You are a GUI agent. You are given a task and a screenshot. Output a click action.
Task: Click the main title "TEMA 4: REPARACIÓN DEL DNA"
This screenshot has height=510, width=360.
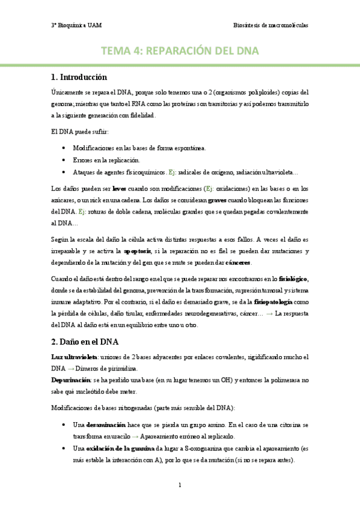180,52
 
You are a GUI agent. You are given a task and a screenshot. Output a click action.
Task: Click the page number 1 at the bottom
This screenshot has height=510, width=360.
180,484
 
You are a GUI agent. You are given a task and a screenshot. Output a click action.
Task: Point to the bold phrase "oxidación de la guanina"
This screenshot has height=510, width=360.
120,449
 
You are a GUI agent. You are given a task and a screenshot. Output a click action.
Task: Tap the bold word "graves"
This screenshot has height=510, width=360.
217,200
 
